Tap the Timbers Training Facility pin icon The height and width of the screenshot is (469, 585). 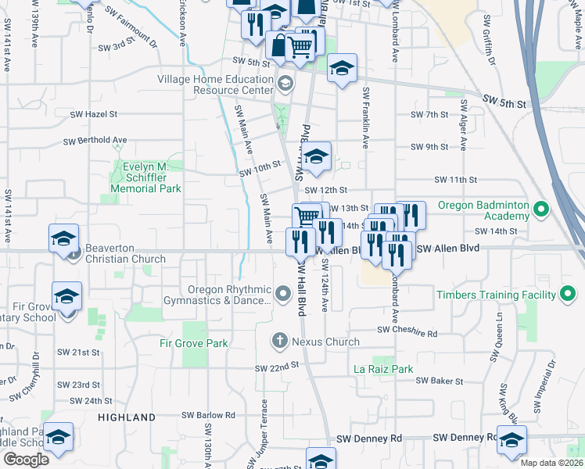tap(569, 295)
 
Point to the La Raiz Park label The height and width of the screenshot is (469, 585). tap(383, 368)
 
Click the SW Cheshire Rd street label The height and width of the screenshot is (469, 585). tap(407, 331)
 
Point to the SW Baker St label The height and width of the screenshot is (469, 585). tap(440, 381)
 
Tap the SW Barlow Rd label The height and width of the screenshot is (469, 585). tap(208, 415)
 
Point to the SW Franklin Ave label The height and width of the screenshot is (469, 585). tap(365, 117)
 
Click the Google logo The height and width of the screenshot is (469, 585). tap(26, 460)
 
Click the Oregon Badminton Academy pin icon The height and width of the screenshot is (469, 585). tap(540, 208)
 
